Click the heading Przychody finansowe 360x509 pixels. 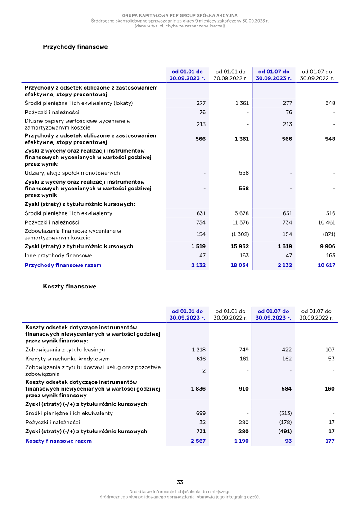(x=75, y=47)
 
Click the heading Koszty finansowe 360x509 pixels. (x=69, y=286)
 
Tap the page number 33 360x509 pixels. (x=180, y=482)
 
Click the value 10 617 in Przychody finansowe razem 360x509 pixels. (x=326, y=265)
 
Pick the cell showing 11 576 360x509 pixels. (x=240, y=222)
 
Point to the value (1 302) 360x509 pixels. (x=240, y=234)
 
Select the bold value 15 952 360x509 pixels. (x=239, y=246)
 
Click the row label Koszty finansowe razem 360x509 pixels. (x=58, y=441)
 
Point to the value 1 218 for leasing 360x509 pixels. (x=198, y=350)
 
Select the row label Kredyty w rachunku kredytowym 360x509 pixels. (x=67, y=359)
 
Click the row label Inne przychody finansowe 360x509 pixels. (x=58, y=255)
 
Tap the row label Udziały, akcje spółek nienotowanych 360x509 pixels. (x=72, y=173)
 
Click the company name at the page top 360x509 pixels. (x=180, y=16)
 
